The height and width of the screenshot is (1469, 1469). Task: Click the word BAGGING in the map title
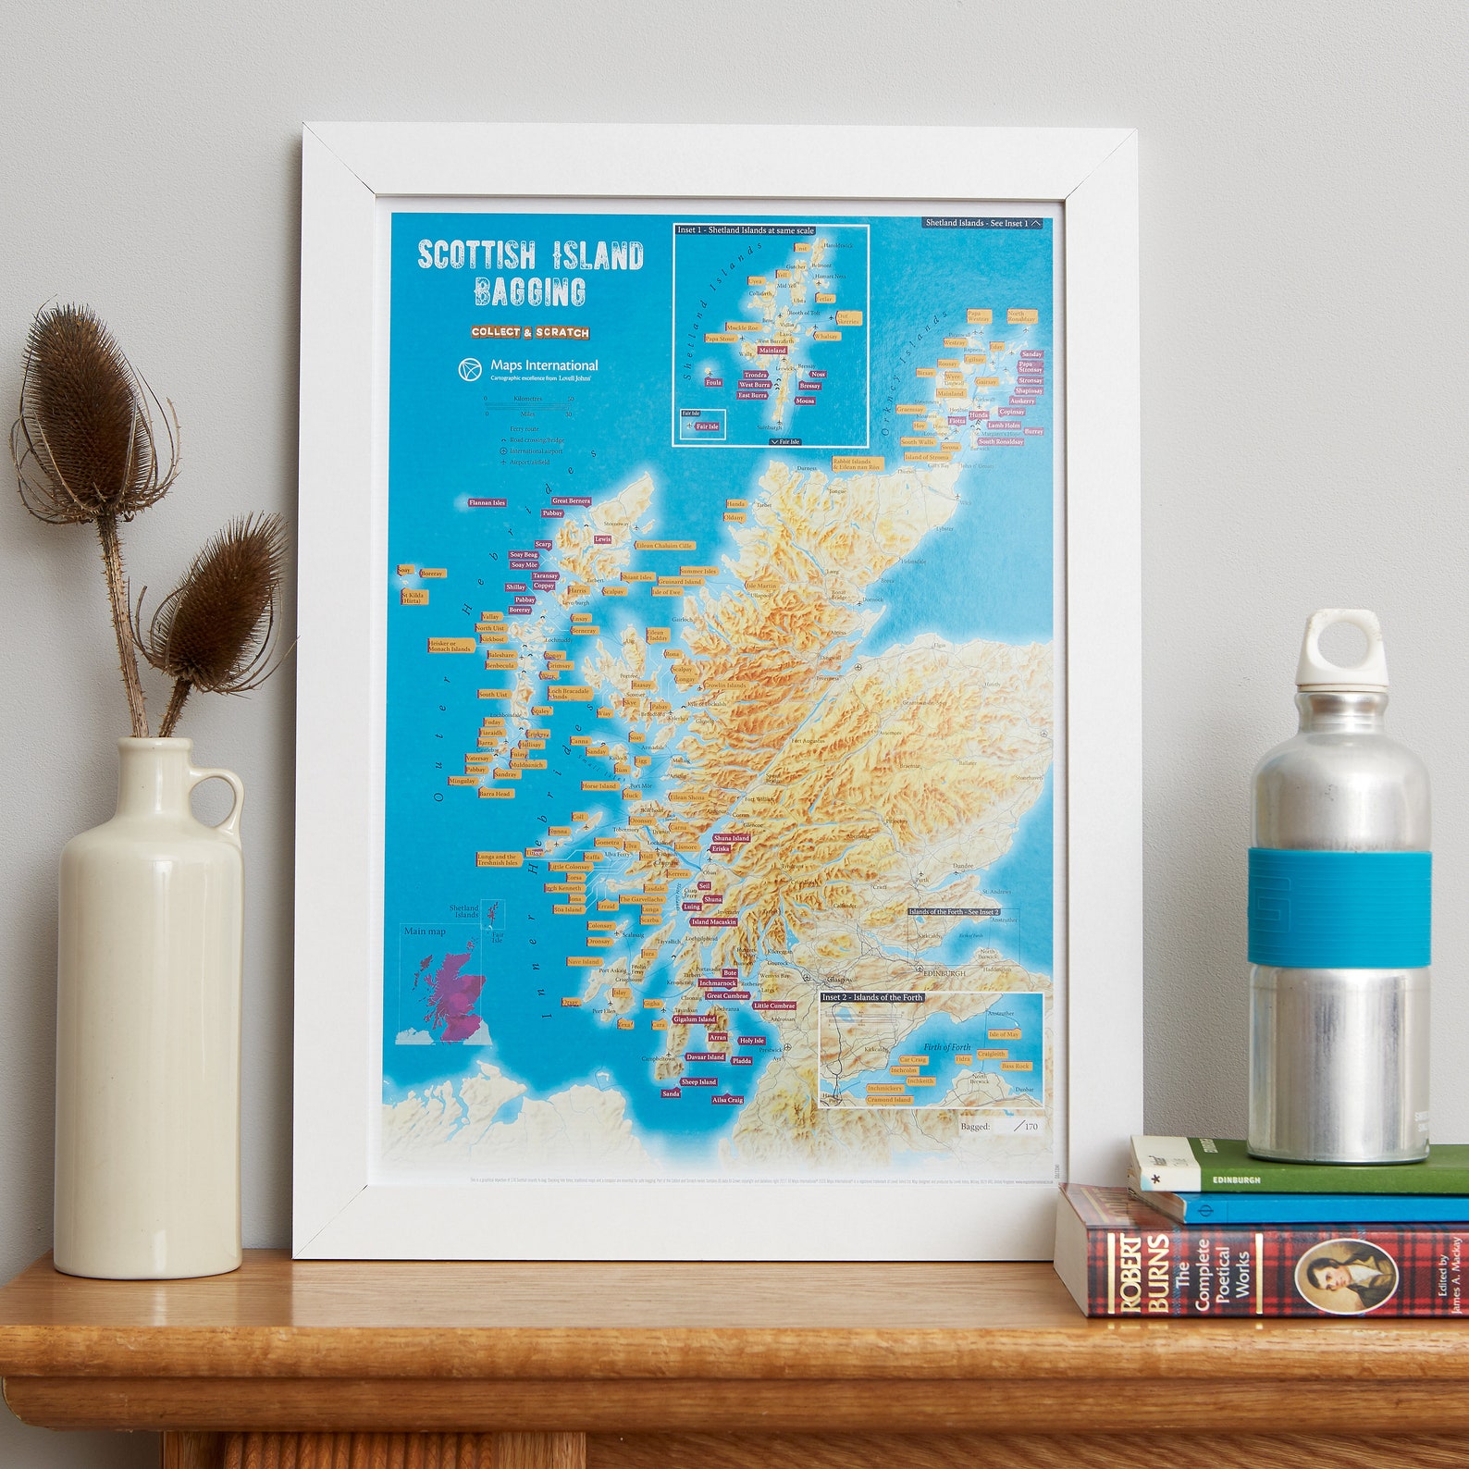pos(530,291)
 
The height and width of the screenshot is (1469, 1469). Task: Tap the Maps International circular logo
pos(470,369)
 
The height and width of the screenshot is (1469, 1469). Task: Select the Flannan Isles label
pos(487,502)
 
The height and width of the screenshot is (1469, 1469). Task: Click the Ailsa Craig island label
pos(727,1100)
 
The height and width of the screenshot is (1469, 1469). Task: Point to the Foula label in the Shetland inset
pos(713,382)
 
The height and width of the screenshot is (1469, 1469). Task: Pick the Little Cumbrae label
pos(773,1006)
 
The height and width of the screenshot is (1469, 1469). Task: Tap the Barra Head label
pos(495,794)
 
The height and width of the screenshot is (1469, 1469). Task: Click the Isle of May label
pos(1004,1034)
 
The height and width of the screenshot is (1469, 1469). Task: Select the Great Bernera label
pos(571,500)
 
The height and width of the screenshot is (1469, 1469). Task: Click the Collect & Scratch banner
pos(530,332)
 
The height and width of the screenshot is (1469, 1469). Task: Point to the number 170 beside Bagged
pos(1031,1126)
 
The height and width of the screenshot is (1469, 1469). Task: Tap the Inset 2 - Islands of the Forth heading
pos(871,997)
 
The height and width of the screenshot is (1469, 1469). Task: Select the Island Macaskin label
pos(713,921)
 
